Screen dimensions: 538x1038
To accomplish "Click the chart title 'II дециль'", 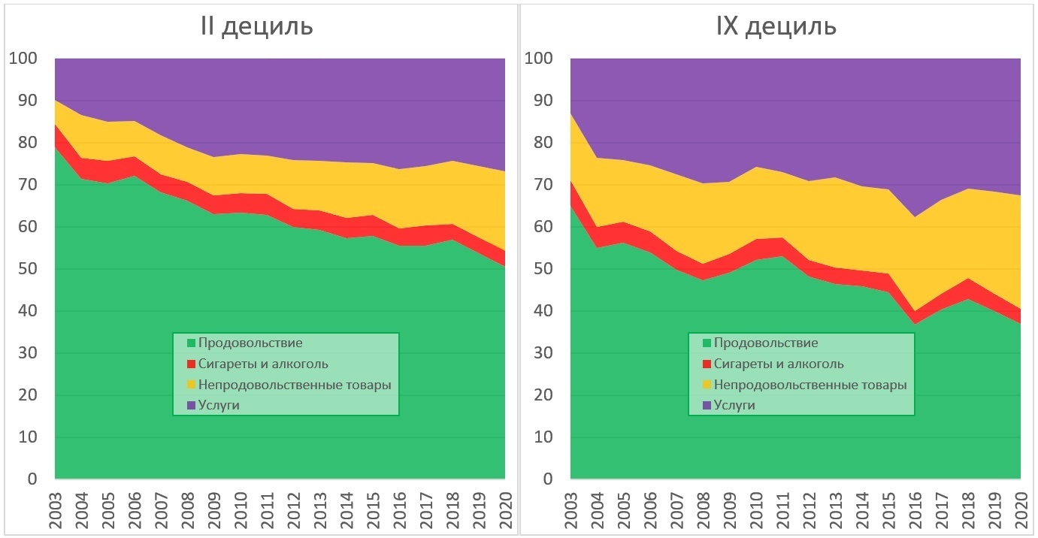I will [256, 27].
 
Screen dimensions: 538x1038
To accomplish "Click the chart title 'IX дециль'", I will [775, 27].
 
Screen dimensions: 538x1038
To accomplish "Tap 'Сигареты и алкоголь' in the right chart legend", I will [779, 364].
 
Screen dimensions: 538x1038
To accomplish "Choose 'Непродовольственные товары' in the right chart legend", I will [810, 385].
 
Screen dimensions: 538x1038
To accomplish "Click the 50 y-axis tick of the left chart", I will [28, 269].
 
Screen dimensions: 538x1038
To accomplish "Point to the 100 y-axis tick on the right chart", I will [540, 59].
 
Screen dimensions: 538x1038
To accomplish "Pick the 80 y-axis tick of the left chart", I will [28, 143].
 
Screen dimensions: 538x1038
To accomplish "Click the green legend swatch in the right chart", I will [706, 343].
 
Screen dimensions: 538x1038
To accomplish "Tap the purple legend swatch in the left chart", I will [190, 406].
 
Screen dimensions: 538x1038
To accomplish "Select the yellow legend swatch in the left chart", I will [190, 385].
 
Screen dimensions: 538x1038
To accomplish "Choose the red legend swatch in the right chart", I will [706, 364].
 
